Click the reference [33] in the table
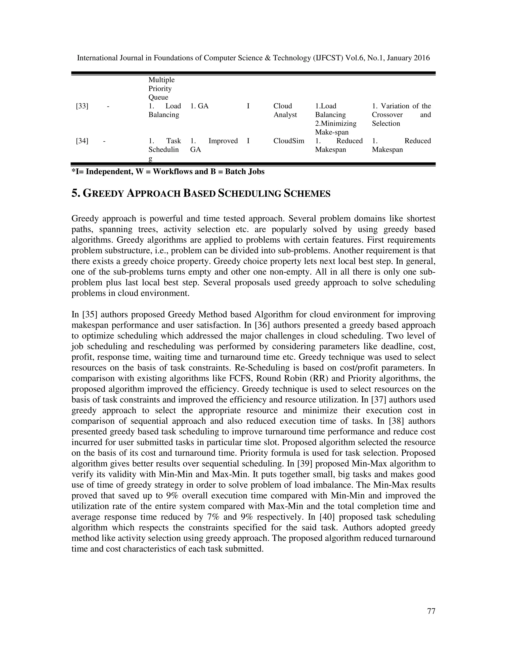pyautogui.click(x=82, y=106)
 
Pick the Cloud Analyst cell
pyautogui.click(x=285, y=110)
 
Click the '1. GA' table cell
pyautogui.click(x=199, y=106)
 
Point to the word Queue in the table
pyautogui.click(x=158, y=97)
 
